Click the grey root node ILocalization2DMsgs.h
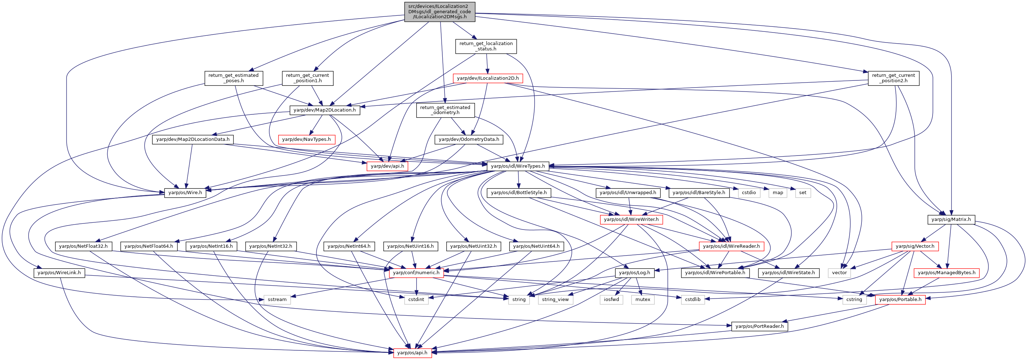click(440, 11)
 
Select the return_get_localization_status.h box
click(486, 46)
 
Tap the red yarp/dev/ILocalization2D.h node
click(488, 78)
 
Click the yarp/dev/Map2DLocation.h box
click(325, 110)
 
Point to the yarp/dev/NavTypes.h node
click(306, 139)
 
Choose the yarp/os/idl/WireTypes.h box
click(518, 166)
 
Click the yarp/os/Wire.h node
click(185, 193)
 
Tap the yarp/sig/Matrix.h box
click(951, 220)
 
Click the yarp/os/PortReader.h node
click(760, 326)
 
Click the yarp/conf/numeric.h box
click(416, 273)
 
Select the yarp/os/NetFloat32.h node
click(83, 246)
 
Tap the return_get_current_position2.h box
click(894, 78)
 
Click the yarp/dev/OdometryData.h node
click(469, 139)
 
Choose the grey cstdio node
click(749, 193)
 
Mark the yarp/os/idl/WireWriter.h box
click(631, 220)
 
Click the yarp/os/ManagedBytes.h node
click(947, 273)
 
